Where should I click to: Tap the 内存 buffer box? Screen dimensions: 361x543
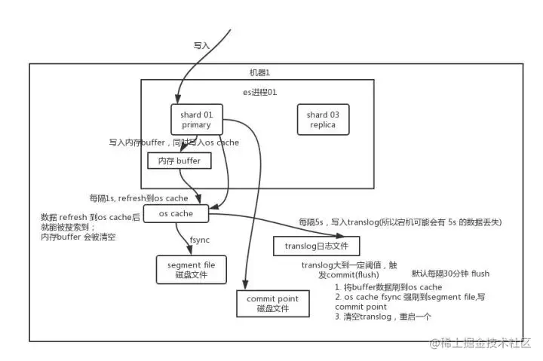[x=179, y=161]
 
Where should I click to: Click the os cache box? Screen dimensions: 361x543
[x=176, y=214]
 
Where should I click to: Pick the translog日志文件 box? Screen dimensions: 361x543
[x=316, y=246]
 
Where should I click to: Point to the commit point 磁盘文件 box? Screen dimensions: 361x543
[x=272, y=304]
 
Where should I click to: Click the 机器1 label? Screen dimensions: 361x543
[x=259, y=72]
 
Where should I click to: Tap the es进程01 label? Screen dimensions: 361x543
[x=259, y=92]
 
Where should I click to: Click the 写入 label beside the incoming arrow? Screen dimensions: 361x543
[x=201, y=46]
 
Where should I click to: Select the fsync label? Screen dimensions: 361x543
[x=199, y=240]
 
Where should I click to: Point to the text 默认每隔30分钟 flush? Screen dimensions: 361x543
[x=450, y=273]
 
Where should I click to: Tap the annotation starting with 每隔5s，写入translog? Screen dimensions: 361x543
[x=400, y=222]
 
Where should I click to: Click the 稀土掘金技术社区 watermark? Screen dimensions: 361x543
[x=480, y=344]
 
